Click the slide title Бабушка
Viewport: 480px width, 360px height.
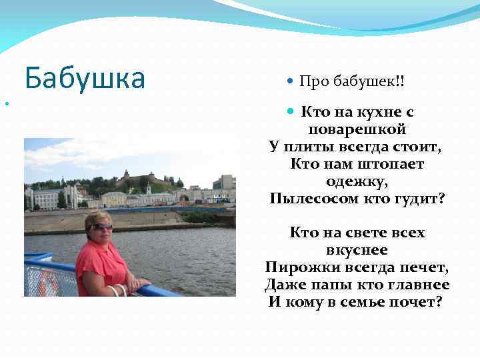click(85, 79)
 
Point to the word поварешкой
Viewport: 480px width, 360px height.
click(357, 129)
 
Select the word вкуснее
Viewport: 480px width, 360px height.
click(357, 250)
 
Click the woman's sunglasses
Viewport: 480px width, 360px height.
click(102, 227)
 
